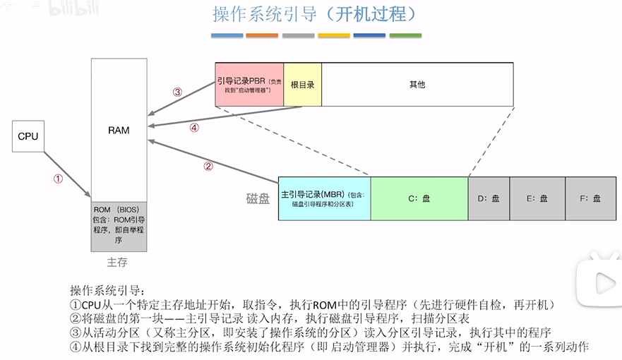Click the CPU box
tap(28, 136)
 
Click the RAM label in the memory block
tap(119, 131)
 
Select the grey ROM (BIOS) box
tap(119, 225)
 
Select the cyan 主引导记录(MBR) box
tap(324, 198)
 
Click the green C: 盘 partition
tap(419, 198)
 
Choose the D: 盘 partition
tap(488, 198)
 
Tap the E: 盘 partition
tap(537, 198)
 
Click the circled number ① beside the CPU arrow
tap(59, 179)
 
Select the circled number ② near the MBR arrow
tap(208, 167)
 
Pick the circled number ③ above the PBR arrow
tap(177, 92)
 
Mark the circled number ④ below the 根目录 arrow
tap(194, 128)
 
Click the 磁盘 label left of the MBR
tap(258, 199)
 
